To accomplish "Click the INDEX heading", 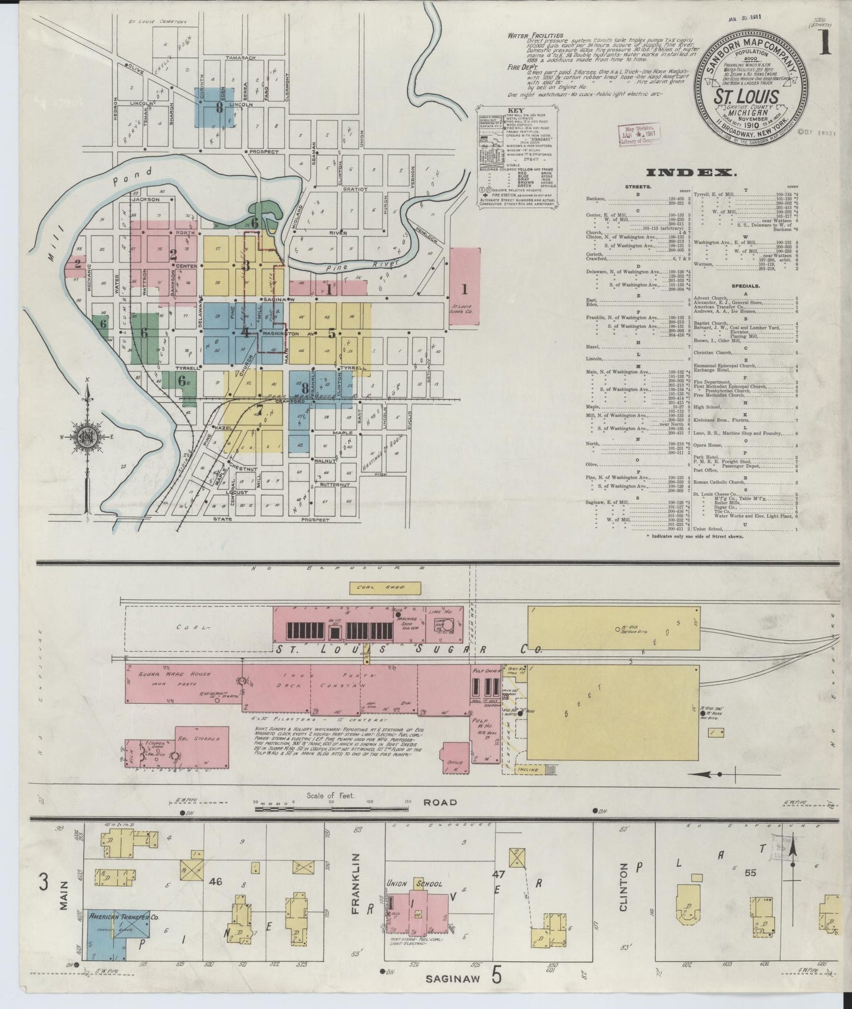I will (x=691, y=172).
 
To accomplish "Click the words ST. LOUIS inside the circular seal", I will (x=747, y=97).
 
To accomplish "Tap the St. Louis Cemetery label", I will (x=157, y=22).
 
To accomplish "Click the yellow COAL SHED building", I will (x=386, y=587).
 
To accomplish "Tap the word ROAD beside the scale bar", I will (x=440, y=802).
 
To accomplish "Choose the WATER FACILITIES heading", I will (x=535, y=35).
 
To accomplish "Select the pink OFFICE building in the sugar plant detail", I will (x=455, y=757).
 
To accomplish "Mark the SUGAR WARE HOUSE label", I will (x=167, y=673).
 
